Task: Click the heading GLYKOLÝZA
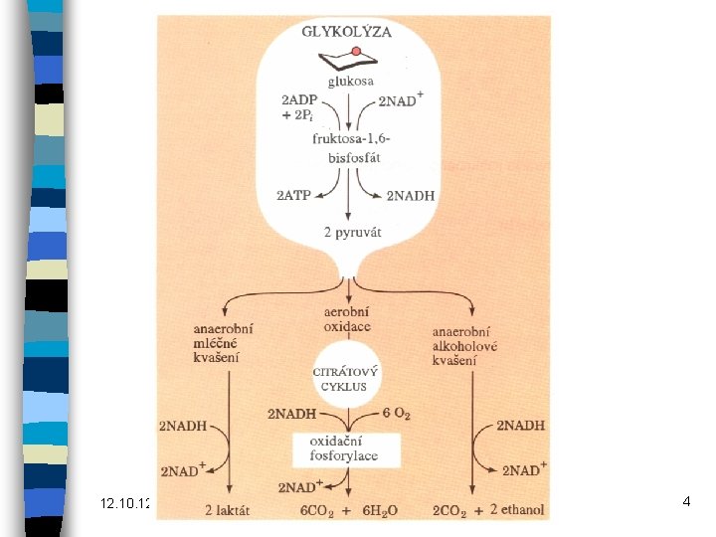coord(347,32)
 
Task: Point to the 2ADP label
coord(301,99)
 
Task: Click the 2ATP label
coord(296,196)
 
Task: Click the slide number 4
coord(686,503)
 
